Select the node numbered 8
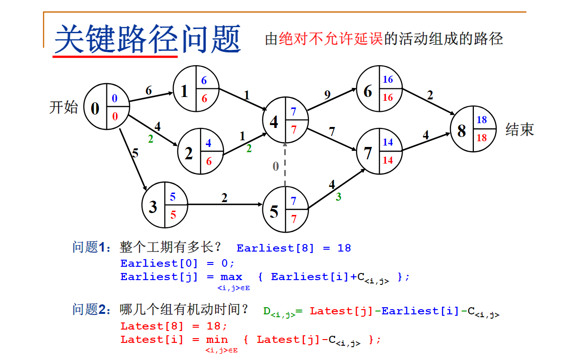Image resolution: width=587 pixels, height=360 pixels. click(x=473, y=129)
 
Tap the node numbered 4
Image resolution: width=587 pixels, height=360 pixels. click(x=285, y=120)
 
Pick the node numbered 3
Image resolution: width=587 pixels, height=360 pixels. click(x=164, y=205)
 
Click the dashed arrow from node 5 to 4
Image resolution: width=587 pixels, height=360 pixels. click(x=285, y=165)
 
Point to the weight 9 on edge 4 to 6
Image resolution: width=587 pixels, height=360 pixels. click(x=327, y=95)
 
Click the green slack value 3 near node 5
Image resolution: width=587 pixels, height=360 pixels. click(x=338, y=196)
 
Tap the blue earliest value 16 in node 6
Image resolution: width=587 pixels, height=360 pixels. click(x=388, y=79)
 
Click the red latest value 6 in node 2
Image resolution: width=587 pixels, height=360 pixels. click(x=209, y=162)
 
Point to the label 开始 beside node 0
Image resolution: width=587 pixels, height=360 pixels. click(x=63, y=107)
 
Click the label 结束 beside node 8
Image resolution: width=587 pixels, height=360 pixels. click(x=520, y=130)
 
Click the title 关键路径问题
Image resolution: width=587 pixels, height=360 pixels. click(x=148, y=39)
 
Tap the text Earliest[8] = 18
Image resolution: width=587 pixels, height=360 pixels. click(x=293, y=248)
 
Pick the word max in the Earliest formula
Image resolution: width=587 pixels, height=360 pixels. click(x=231, y=277)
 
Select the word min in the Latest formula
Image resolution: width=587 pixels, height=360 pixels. click(x=217, y=340)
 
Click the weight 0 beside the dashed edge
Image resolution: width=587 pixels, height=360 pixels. click(x=276, y=166)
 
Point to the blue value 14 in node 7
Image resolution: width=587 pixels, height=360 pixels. click(x=388, y=142)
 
